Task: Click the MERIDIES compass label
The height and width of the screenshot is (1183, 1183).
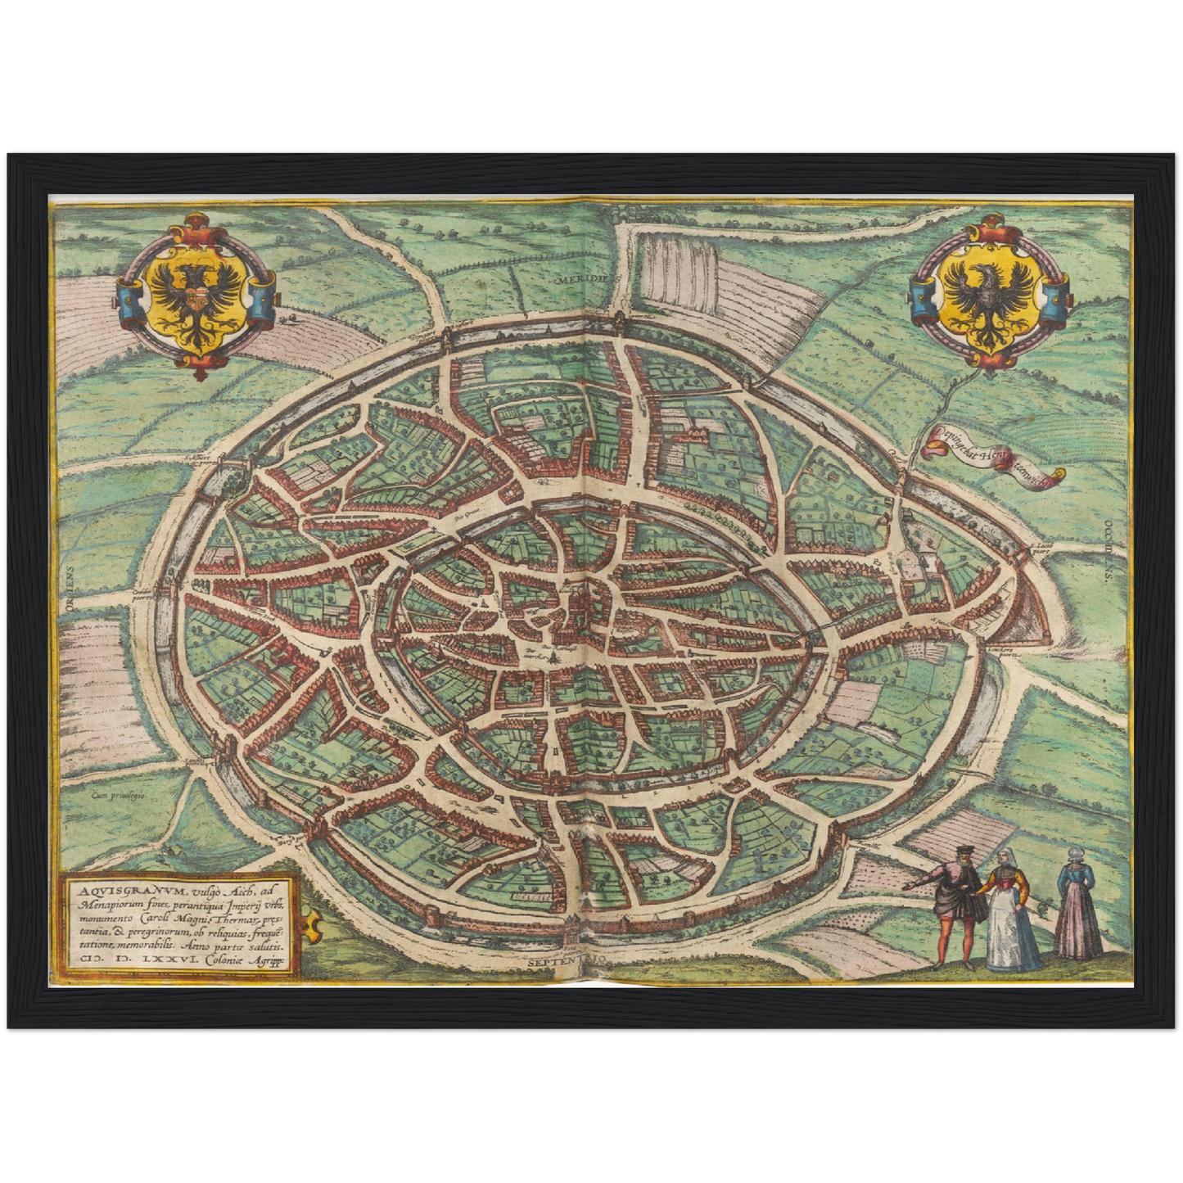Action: pos(585,279)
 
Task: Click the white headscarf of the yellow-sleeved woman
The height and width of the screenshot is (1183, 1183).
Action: pos(1004,857)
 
